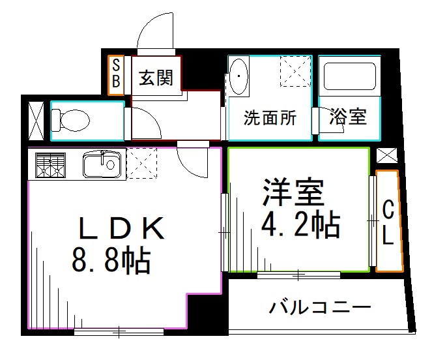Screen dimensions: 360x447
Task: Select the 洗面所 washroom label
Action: (x=270, y=118)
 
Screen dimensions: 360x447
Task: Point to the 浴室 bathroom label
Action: (x=348, y=117)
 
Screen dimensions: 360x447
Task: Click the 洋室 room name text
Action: (x=293, y=191)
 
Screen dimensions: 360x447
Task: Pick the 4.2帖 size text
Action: (x=299, y=225)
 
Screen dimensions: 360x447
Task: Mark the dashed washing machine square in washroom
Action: (x=295, y=72)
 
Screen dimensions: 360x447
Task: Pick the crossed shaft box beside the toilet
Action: (x=36, y=121)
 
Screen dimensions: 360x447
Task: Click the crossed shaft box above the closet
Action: (x=386, y=156)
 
